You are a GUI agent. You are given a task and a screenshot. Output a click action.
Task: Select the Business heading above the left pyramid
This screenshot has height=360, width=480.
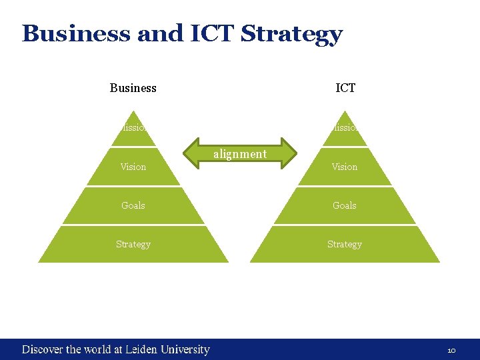[133, 88]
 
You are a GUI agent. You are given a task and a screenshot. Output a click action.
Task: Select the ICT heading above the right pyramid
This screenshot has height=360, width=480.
[345, 88]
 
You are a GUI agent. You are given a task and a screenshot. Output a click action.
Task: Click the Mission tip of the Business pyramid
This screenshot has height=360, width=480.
[133, 128]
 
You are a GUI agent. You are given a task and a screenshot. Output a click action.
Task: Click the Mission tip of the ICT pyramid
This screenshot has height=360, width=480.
[345, 128]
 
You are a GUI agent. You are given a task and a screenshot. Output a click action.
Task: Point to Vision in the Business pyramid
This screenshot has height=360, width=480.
[133, 167]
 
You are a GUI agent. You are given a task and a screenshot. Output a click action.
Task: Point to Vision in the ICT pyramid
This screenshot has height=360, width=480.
[345, 167]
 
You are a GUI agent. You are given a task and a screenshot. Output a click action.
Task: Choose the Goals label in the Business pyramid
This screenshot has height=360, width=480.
[133, 205]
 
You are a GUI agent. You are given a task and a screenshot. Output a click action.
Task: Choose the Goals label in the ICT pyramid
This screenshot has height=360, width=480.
[345, 205]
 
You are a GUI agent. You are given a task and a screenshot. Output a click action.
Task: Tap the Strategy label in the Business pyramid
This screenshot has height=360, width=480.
[133, 244]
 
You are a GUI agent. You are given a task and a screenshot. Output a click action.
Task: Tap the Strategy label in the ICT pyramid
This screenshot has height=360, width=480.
[345, 244]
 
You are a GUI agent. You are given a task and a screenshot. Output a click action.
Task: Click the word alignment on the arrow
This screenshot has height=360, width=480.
[240, 154]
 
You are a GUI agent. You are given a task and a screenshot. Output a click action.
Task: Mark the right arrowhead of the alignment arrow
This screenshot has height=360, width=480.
[290, 153]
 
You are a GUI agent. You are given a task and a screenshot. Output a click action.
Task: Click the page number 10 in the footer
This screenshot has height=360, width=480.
[451, 350]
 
